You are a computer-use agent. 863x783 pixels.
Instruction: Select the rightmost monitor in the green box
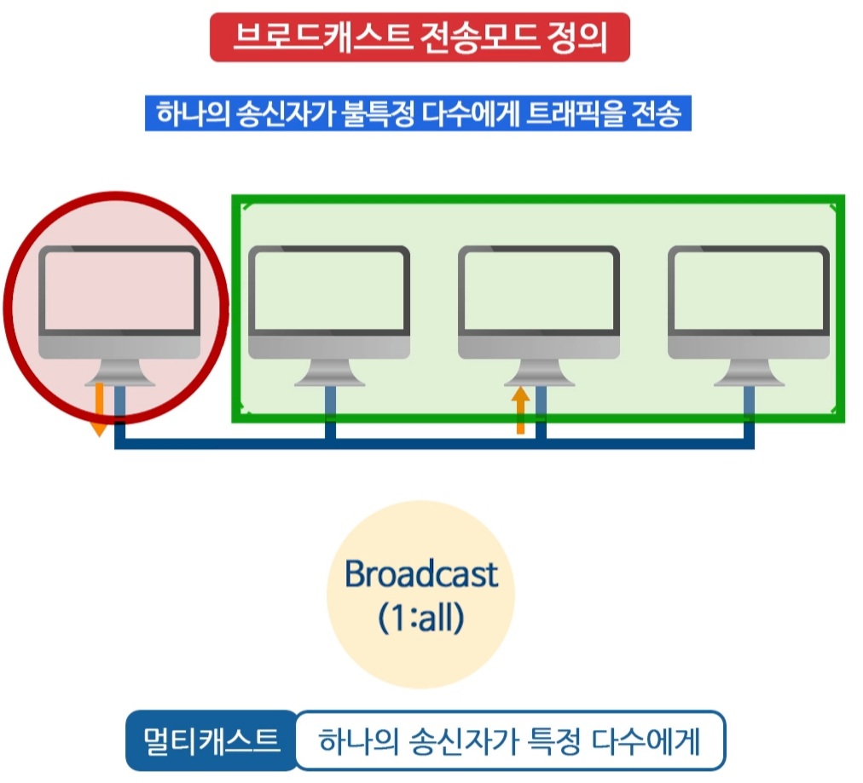pyautogui.click(x=749, y=302)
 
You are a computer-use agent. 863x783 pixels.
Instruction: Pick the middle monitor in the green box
pyautogui.click(x=539, y=302)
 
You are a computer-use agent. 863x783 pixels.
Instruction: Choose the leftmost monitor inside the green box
pyautogui.click(x=329, y=302)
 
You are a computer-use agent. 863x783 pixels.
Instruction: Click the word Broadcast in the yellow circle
pyautogui.click(x=420, y=574)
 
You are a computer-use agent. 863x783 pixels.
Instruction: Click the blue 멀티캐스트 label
pyautogui.click(x=211, y=740)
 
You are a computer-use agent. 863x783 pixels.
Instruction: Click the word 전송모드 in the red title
pyautogui.click(x=484, y=38)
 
